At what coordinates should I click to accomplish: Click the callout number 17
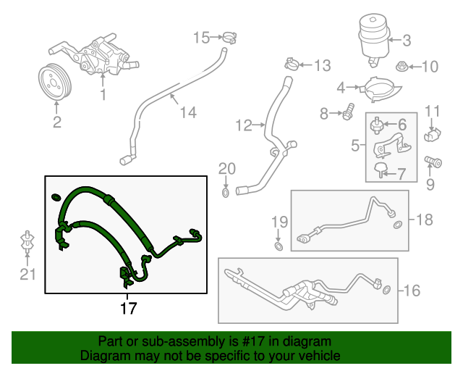[127, 308]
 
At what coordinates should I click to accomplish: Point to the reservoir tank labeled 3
[373, 36]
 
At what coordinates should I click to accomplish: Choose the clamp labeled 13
[292, 64]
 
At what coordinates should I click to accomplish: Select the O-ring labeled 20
[226, 192]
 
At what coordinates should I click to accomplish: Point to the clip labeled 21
[26, 243]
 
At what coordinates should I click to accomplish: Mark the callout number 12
[242, 126]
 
